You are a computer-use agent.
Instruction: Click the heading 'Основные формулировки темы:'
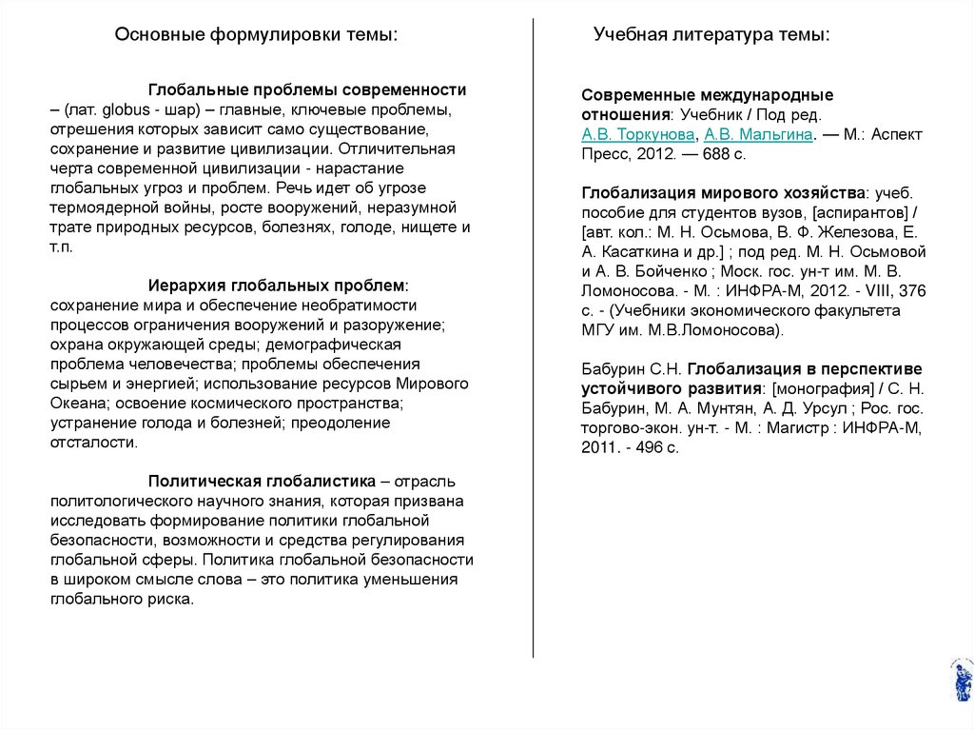click(x=256, y=35)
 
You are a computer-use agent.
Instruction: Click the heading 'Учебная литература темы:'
click(x=711, y=35)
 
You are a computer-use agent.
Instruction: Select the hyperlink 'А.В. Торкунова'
click(x=637, y=134)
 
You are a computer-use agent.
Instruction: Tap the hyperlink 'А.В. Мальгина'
click(x=757, y=134)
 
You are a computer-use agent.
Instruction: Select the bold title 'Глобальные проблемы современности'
click(x=307, y=89)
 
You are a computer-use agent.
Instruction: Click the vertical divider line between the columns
click(x=533, y=333)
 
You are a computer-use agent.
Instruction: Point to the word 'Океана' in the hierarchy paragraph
click(x=75, y=403)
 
